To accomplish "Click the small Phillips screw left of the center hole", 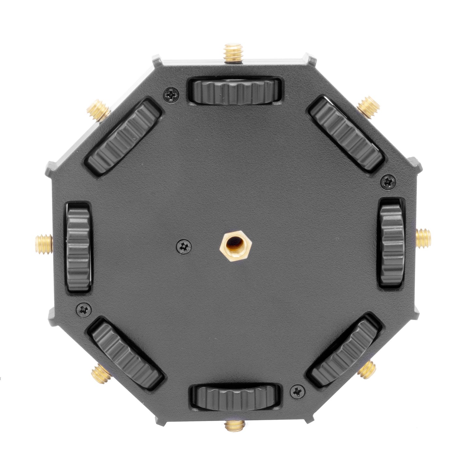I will point(184,246).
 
